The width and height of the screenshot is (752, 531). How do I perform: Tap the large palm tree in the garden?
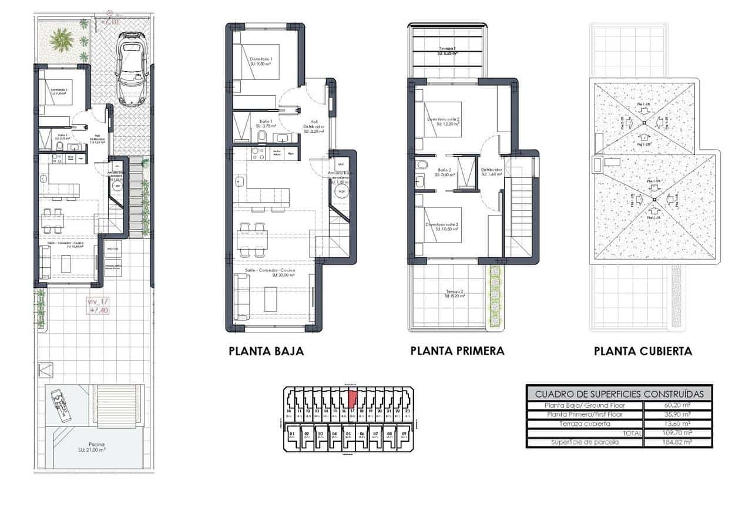tap(62, 39)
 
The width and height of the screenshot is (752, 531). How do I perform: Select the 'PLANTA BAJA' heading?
tap(266, 351)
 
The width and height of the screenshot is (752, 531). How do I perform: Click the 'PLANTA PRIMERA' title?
tap(457, 351)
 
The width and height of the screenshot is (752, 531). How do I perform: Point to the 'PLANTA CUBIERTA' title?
tap(643, 351)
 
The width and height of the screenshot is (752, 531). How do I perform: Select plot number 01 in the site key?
tap(292, 435)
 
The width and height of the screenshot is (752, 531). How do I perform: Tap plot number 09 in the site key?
tap(404, 435)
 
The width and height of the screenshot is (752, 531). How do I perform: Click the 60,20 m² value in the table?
tap(677, 405)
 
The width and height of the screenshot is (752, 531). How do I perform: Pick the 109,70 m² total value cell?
tap(677, 433)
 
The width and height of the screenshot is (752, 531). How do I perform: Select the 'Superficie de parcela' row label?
tap(585, 442)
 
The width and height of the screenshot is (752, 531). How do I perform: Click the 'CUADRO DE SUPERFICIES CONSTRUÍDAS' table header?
tap(619, 394)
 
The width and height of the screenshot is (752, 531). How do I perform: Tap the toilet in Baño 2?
tap(420, 166)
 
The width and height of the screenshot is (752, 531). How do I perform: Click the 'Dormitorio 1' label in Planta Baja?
tap(261, 60)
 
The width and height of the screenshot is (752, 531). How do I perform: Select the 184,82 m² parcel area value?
tap(677, 442)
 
